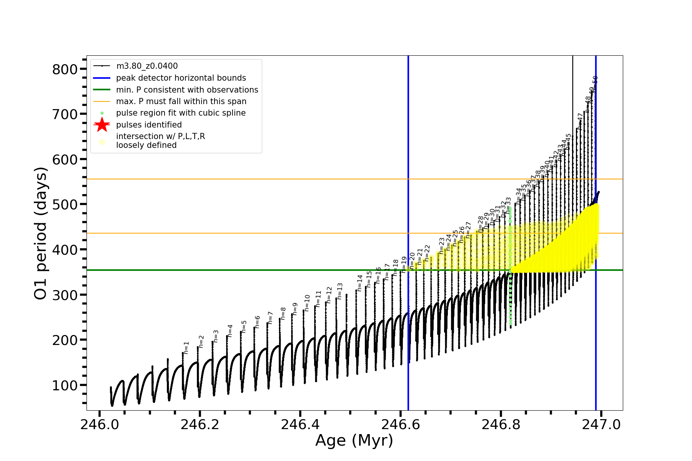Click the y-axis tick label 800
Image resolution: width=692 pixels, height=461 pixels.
(x=65, y=70)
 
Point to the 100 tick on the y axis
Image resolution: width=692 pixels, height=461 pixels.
(x=65, y=385)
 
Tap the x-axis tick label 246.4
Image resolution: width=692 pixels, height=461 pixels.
(x=300, y=425)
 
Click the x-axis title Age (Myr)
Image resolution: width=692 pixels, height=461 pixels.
(x=354, y=441)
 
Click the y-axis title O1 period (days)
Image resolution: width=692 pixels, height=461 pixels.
(x=41, y=233)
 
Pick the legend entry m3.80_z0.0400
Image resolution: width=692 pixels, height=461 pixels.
(x=147, y=66)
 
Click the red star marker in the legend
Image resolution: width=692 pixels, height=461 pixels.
(x=102, y=125)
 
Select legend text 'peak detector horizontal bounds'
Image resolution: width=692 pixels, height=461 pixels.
(x=181, y=78)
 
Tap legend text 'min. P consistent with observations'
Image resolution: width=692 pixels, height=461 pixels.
(x=187, y=90)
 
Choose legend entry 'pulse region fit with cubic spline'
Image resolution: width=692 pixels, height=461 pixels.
(x=181, y=113)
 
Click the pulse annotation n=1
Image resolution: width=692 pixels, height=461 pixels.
(x=187, y=347)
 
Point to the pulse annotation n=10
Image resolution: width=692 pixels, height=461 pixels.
(x=307, y=303)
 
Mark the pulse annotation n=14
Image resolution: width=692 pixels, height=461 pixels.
(x=360, y=283)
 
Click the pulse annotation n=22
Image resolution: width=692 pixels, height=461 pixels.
(x=428, y=253)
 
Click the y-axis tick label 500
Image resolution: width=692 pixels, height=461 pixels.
(x=65, y=204)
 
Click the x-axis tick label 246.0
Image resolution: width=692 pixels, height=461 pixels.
(x=99, y=425)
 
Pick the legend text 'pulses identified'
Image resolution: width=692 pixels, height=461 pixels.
(x=149, y=125)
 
